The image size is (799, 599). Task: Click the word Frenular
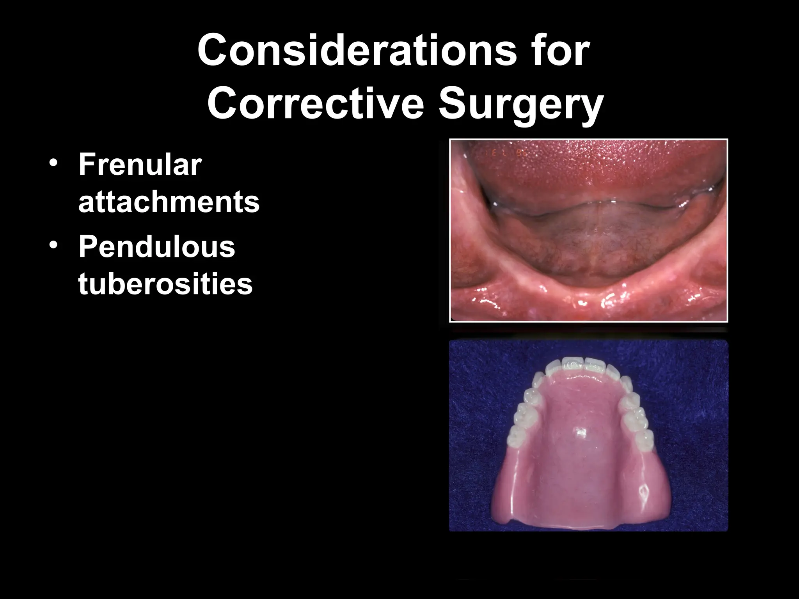coord(140,165)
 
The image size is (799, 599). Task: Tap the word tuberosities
coord(165,284)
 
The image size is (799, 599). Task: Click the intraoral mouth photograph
coord(588,230)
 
